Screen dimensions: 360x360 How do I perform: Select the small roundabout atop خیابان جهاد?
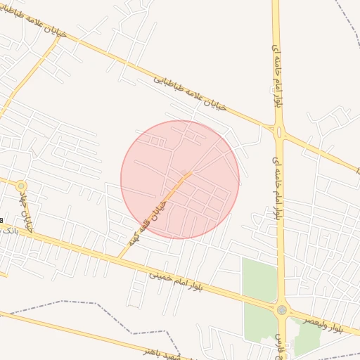click(21, 186)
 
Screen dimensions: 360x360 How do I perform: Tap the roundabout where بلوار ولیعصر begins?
click(282, 310)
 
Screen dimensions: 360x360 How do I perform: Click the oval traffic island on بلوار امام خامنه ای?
click(279, 131)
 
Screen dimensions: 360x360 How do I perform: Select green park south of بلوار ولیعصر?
click(307, 342)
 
